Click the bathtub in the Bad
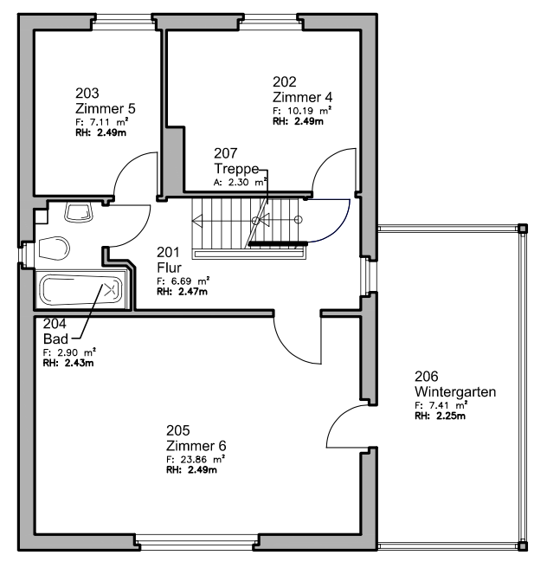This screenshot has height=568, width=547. click(81, 291)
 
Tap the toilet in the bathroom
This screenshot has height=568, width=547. click(54, 248)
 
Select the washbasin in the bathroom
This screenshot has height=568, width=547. click(79, 212)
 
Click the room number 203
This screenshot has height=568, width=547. click(87, 94)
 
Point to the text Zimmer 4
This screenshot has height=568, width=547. click(302, 98)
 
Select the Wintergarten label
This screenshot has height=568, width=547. click(455, 391)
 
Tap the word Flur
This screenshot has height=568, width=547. click(169, 268)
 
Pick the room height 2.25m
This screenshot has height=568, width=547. click(451, 416)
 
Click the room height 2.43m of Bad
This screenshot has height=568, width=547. click(79, 363)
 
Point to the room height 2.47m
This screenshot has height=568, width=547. click(193, 291)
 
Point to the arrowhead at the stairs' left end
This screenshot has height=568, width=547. click(197, 220)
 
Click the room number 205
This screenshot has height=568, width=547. click(177, 430)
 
